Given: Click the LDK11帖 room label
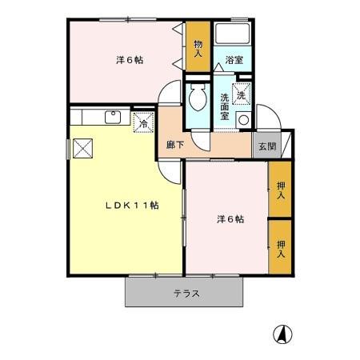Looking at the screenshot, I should click(x=133, y=205).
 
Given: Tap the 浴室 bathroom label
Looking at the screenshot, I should click(x=234, y=60).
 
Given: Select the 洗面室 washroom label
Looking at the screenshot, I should click(x=225, y=107).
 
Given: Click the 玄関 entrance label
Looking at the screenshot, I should click(x=266, y=146).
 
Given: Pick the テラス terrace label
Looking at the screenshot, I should click(x=186, y=293).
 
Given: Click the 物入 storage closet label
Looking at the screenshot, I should click(x=198, y=48).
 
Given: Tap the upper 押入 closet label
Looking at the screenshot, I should click(x=281, y=190).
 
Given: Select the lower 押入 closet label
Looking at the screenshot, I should click(x=281, y=250).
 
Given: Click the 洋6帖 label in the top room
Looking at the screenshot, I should click(x=129, y=58).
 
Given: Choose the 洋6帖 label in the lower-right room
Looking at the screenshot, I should click(x=229, y=218).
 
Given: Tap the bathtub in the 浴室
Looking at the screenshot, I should click(x=234, y=35).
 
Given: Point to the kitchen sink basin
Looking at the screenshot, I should click(x=113, y=116).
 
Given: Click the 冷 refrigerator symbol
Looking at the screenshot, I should click(x=143, y=123).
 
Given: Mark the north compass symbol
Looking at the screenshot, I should click(x=284, y=334).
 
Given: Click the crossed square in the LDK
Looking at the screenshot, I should click(x=82, y=147).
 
